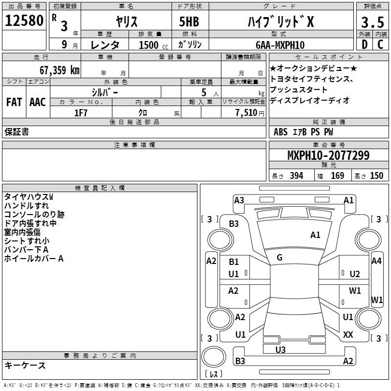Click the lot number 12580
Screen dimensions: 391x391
[24, 22]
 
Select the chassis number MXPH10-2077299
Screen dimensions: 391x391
[328, 156]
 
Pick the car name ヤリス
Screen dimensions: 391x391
[126, 22]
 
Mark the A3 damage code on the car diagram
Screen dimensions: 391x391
[239, 200]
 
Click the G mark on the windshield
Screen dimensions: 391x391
[280, 258]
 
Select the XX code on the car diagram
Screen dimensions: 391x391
[348, 335]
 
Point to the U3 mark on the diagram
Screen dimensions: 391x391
[281, 349]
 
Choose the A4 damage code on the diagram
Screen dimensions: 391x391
[376, 261]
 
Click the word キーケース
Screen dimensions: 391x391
[25, 365]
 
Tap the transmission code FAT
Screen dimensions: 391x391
[14, 102]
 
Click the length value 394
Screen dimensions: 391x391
[296, 176]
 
